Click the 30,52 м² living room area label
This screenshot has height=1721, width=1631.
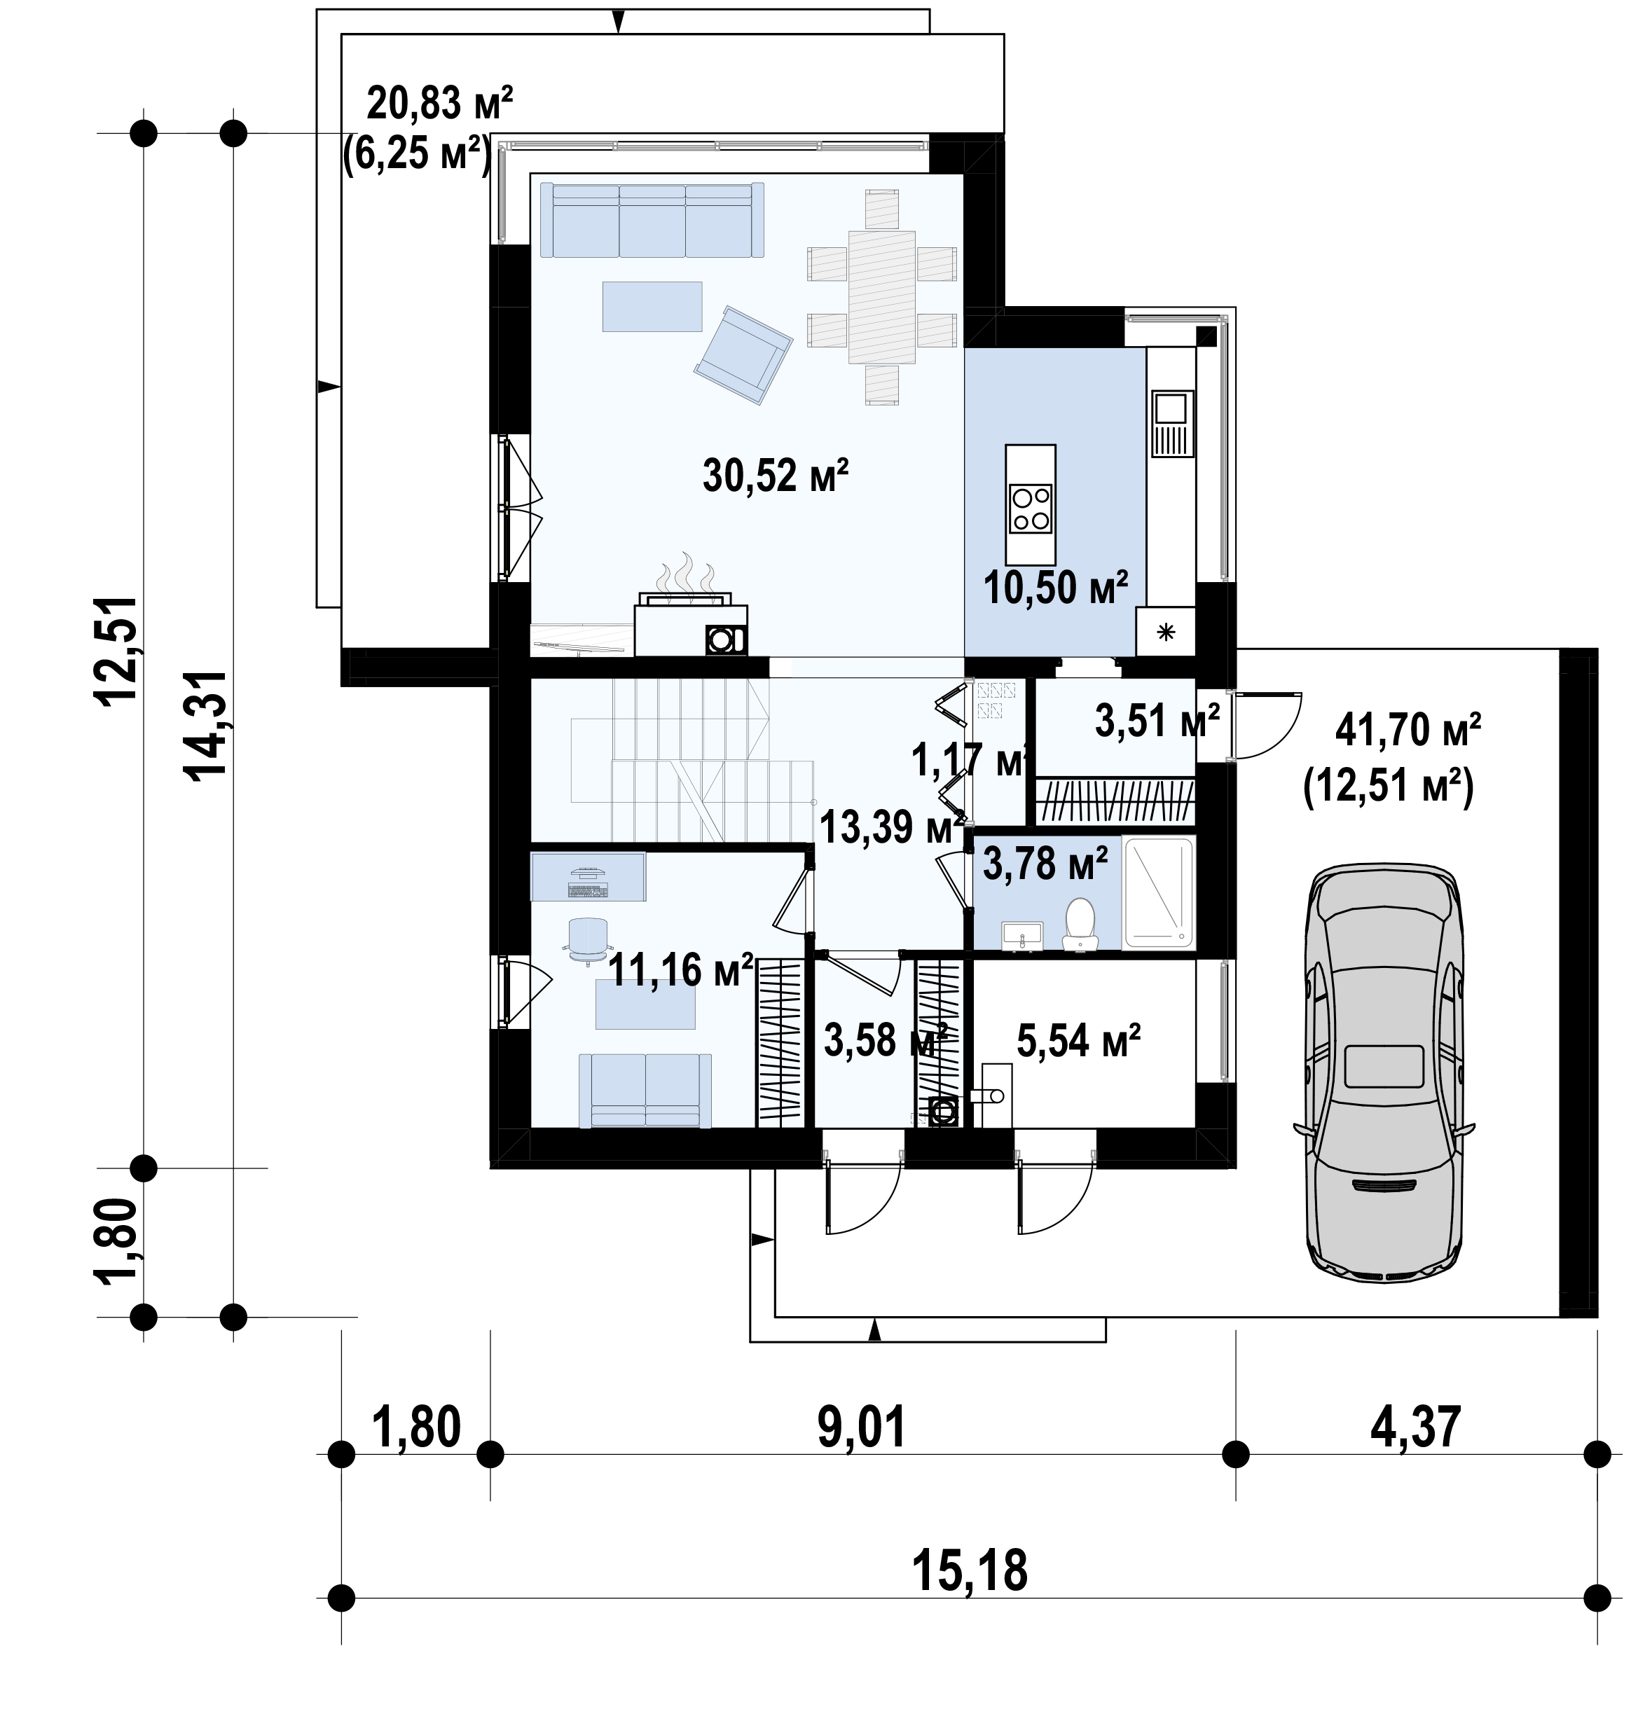775,476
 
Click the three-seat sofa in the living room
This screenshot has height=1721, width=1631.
652,220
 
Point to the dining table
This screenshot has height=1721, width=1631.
881,296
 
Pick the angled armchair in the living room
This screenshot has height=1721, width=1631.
743,356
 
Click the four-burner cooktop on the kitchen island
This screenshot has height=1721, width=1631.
1031,509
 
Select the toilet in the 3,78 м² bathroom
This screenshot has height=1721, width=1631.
1080,923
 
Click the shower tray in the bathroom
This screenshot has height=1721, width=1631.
1159,892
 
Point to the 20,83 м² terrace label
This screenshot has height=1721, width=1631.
440,104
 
